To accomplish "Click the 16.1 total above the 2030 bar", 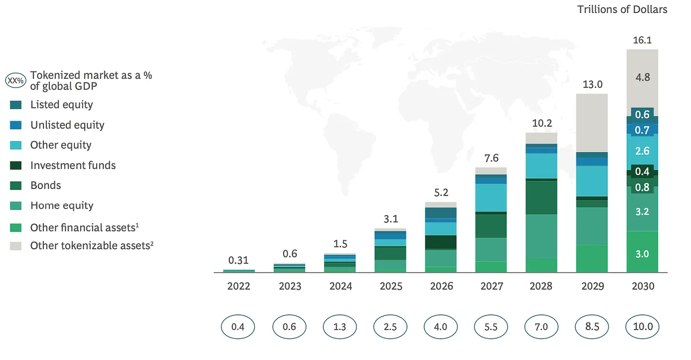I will pyautogui.click(x=642, y=40).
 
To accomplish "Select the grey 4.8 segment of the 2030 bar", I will pyautogui.click(x=642, y=78).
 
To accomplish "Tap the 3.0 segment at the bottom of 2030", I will pyautogui.click(x=642, y=254).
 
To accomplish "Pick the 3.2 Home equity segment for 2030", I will pyautogui.click(x=642, y=211).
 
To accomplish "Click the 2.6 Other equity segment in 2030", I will pyautogui.click(x=642, y=151).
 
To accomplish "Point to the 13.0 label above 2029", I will pyautogui.click(x=592, y=85).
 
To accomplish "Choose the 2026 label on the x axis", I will pyautogui.click(x=441, y=286).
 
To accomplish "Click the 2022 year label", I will pyautogui.click(x=239, y=286).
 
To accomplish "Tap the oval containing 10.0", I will pyautogui.click(x=642, y=327).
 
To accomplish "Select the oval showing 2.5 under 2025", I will pyautogui.click(x=390, y=327).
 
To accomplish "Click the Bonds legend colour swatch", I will pyautogui.click(x=16, y=186).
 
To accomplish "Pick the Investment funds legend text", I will pyautogui.click(x=73, y=165).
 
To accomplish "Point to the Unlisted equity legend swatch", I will pyautogui.click(x=16, y=125).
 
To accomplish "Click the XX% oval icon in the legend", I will pyautogui.click(x=15, y=80).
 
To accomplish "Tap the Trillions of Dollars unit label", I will pyautogui.click(x=622, y=9).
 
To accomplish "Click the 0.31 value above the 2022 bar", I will pyautogui.click(x=239, y=260).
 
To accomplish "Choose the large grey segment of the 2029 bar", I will pyautogui.click(x=592, y=123).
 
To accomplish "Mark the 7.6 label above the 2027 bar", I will pyautogui.click(x=491, y=158).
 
